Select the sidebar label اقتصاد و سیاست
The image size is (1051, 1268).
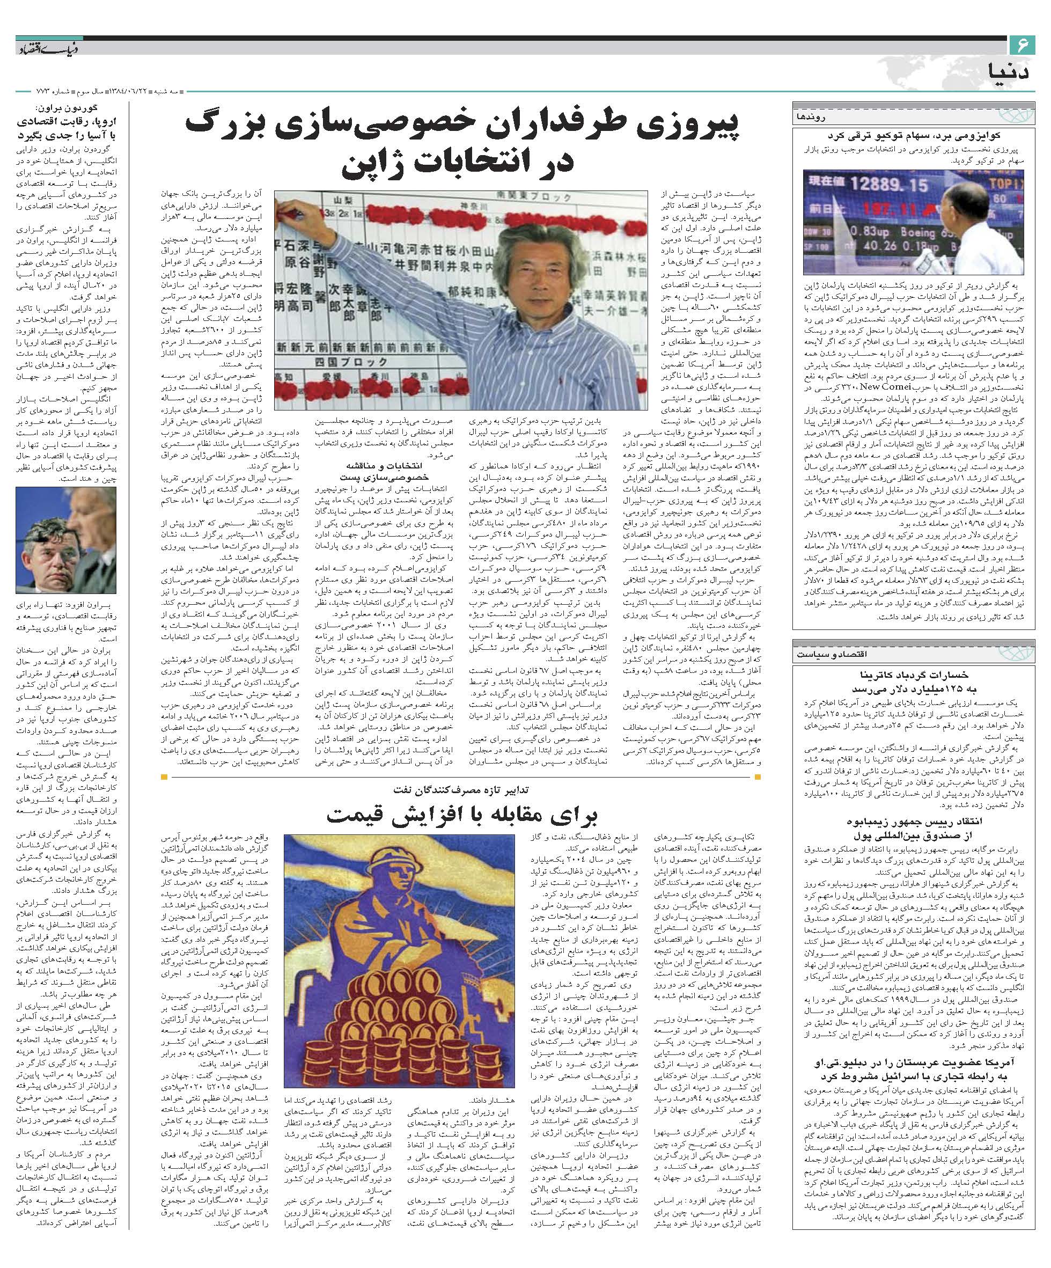[x=985, y=655]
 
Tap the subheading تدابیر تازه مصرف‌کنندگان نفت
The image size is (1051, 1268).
[x=461, y=789]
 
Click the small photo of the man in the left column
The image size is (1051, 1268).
[x=66, y=540]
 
